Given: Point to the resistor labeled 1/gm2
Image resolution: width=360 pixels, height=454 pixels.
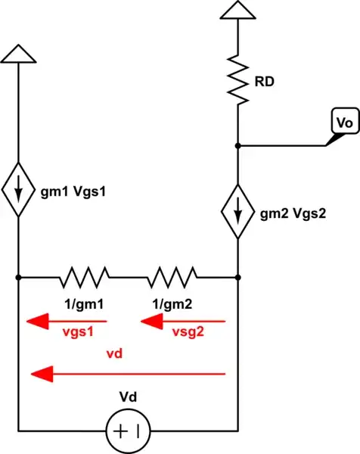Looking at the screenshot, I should tap(172, 277).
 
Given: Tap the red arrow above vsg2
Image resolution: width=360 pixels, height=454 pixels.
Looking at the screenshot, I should tap(182, 323).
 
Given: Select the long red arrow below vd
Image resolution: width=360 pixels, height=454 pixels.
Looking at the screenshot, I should tap(128, 373).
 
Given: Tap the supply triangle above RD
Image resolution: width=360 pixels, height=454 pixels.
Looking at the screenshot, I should tap(239, 10).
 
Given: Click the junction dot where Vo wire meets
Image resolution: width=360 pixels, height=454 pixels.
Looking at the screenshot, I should tap(239, 145).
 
